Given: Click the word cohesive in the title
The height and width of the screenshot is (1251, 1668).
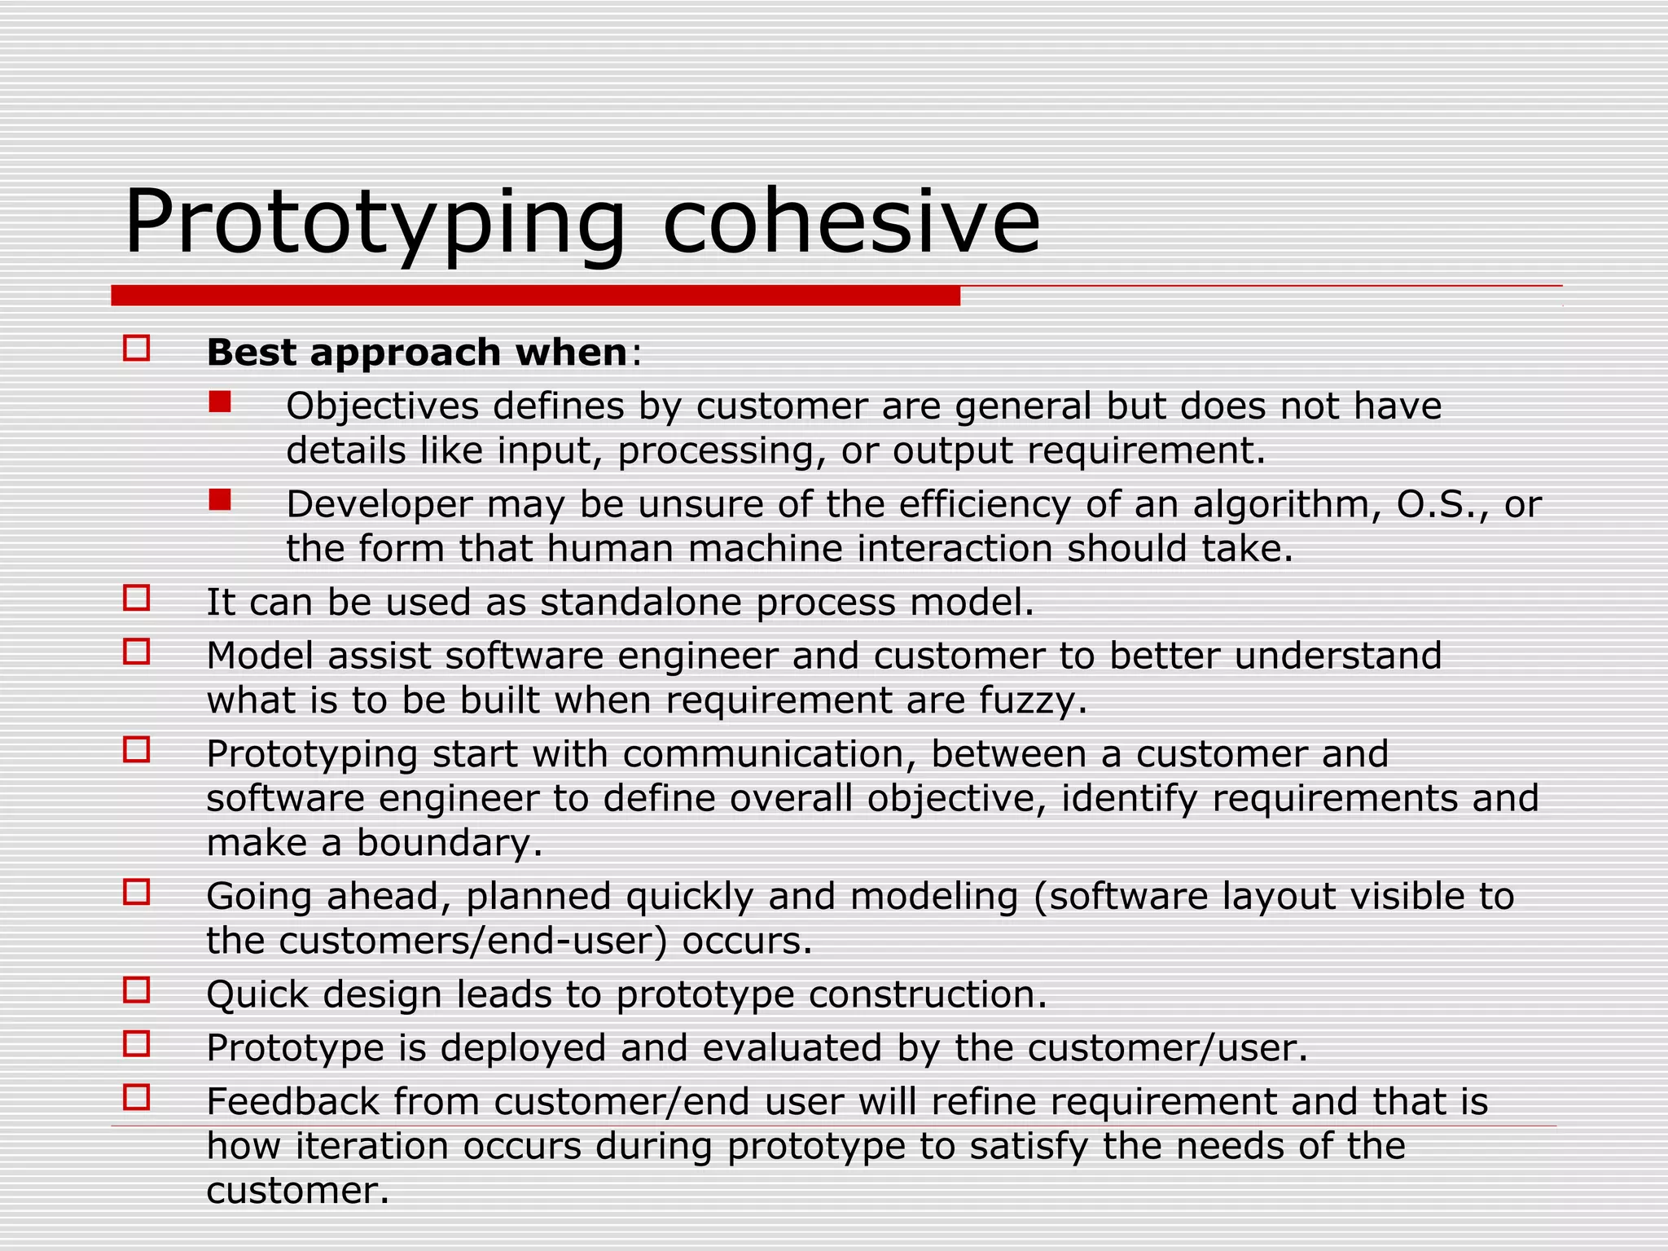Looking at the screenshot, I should pos(851,222).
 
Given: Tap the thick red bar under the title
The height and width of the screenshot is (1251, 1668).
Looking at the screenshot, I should pos(535,296).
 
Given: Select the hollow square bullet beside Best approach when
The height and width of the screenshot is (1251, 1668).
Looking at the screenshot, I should pos(137,349).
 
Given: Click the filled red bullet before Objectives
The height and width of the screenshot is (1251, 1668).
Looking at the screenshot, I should pos(220,402).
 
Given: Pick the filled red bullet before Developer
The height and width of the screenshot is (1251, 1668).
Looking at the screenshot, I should pos(220,500).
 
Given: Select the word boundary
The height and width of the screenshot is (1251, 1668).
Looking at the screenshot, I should pos(449,842).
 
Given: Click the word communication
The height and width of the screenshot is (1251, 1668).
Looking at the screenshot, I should pos(770,754).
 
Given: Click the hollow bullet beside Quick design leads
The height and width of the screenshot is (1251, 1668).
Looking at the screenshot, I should pos(137,990).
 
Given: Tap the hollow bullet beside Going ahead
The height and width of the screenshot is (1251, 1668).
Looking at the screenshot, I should pos(137,892).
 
